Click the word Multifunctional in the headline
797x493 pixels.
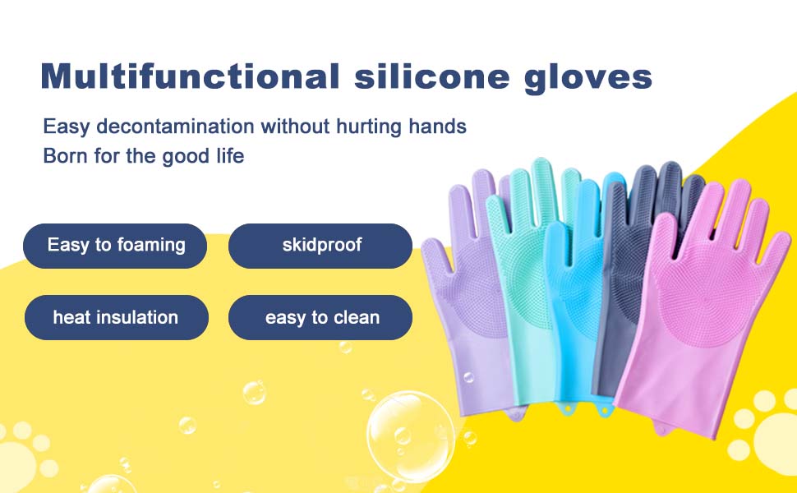190,76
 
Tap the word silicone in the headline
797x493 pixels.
431,76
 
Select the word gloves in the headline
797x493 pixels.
588,78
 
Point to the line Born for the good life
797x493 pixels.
143,156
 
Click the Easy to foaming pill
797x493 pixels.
115,246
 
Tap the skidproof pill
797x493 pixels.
320,246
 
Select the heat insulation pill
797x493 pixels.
117,318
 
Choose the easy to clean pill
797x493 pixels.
320,318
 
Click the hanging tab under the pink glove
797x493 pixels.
661,428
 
